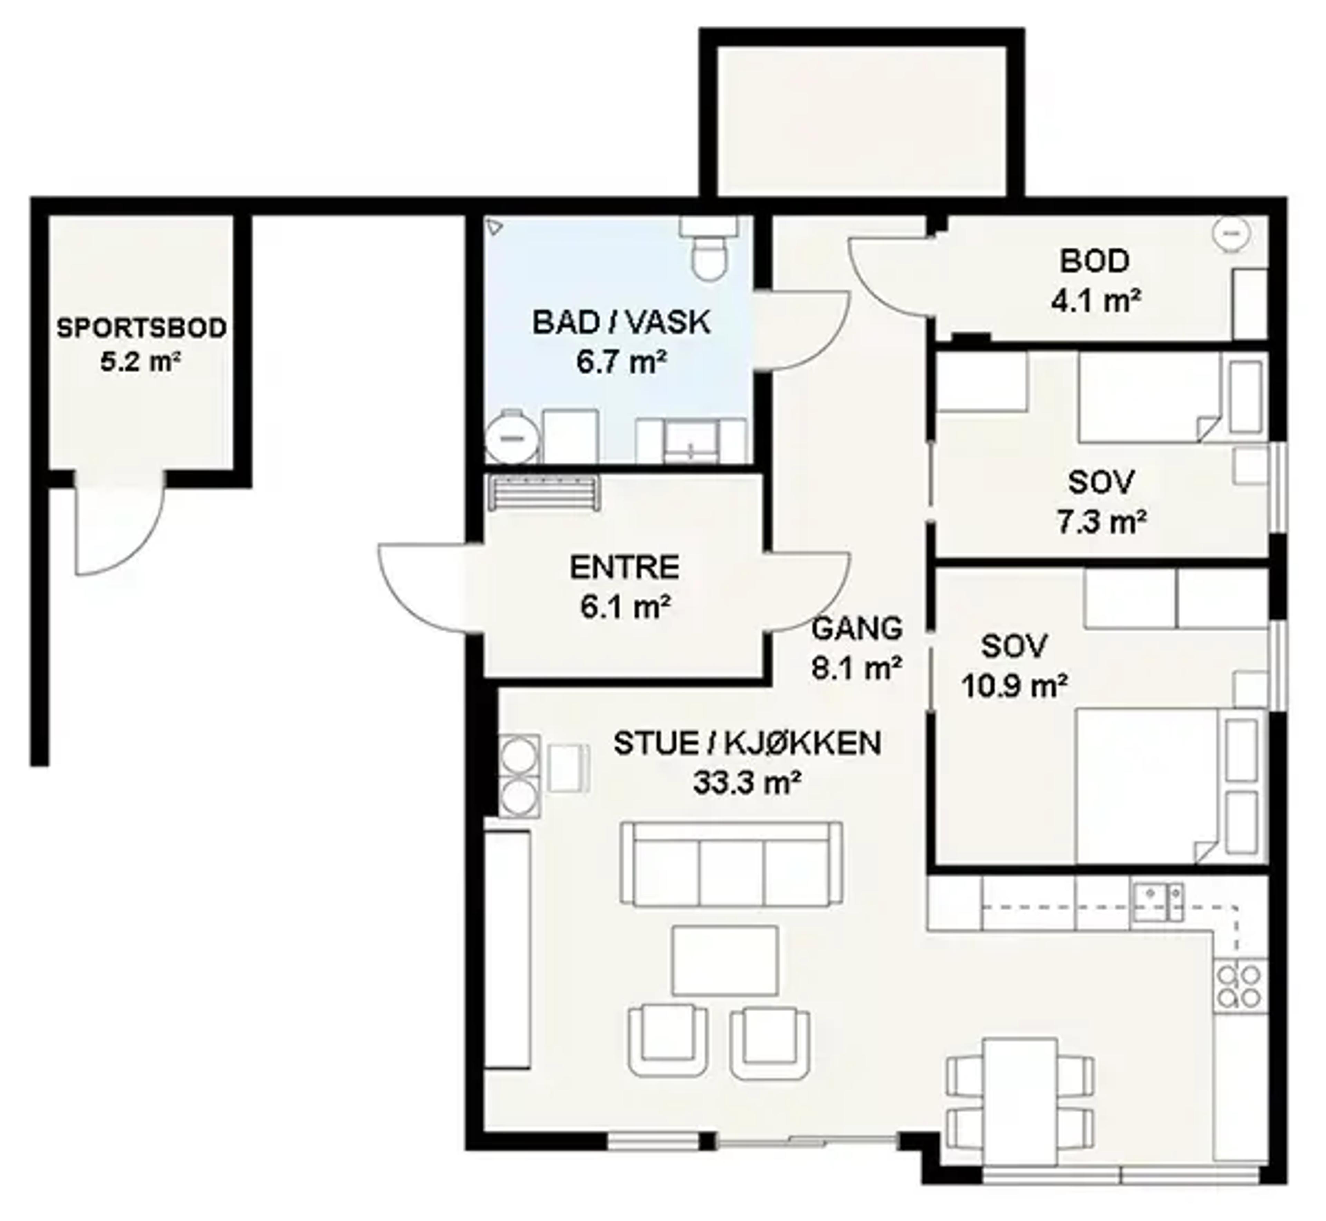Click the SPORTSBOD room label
pos(141,328)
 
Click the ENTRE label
pos(624,567)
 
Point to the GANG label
pos(857,628)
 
